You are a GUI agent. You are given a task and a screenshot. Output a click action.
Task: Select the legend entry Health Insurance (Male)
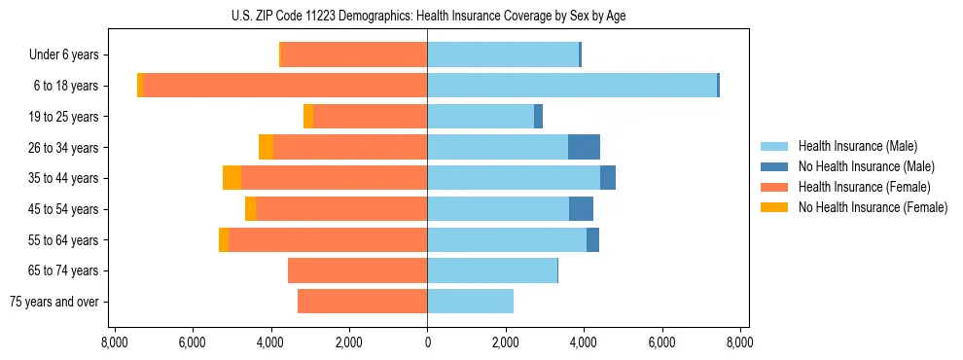[x=857, y=146]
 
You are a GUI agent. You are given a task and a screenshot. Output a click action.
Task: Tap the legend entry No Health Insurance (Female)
[x=872, y=207]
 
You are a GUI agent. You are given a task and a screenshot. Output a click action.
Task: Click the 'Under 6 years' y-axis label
[x=63, y=55]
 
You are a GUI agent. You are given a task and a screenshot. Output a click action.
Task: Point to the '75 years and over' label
[x=53, y=302]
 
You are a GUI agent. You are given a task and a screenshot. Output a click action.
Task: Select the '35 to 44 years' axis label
[x=65, y=178]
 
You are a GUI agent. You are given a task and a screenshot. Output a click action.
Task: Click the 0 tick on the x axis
[x=427, y=342]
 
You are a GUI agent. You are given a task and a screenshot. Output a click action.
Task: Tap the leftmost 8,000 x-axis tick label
[x=115, y=342]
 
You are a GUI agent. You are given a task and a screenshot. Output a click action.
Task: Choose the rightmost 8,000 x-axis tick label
[x=739, y=342]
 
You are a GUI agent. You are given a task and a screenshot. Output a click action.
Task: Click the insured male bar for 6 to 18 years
[x=572, y=86]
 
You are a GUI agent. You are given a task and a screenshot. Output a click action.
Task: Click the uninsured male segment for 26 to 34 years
[x=584, y=147]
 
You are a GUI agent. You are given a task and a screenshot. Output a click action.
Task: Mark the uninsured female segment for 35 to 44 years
[x=232, y=178]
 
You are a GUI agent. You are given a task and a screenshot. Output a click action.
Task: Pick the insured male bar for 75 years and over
[x=470, y=302]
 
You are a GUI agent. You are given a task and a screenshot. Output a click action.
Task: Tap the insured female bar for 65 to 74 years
[x=358, y=270]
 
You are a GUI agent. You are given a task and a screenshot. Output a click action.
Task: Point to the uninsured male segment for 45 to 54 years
[x=581, y=209]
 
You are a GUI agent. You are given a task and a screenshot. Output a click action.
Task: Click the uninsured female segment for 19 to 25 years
[x=308, y=117]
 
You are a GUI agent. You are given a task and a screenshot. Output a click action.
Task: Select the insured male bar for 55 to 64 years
[x=507, y=239]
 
